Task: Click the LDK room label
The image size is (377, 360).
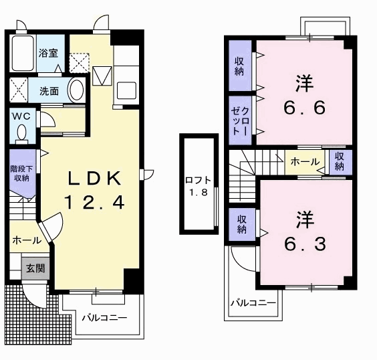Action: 94,178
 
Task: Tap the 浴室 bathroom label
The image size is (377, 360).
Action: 49,53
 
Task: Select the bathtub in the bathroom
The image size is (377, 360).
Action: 23,53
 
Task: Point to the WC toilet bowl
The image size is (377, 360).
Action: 22,132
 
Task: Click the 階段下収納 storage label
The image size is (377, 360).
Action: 21,173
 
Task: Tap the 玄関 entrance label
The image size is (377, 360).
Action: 35,268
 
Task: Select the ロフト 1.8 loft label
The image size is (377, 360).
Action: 199,186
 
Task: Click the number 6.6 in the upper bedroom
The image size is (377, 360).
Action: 305,107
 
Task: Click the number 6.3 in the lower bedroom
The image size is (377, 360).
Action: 305,244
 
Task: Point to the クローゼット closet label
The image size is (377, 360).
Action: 239,120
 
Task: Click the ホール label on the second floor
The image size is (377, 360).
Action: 305,162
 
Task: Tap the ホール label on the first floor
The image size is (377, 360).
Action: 27,240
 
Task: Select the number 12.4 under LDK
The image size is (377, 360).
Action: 94,201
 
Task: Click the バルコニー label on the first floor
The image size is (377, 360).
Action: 104,318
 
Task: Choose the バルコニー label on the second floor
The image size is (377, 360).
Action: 253,303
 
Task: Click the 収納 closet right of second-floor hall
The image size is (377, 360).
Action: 340,161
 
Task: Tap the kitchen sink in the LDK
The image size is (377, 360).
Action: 126,91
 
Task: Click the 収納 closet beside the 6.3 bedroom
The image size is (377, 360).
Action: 242,224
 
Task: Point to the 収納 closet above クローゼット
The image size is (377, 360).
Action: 239,66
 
